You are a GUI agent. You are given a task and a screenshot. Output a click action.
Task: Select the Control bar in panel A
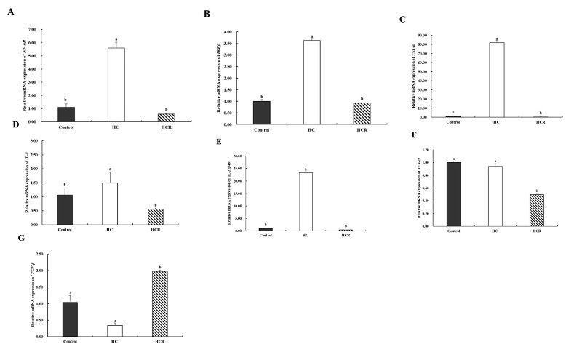(x=66, y=113)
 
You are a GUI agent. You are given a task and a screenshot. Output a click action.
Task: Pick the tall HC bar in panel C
(x=497, y=79)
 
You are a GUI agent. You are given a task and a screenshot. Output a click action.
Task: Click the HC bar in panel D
(x=111, y=204)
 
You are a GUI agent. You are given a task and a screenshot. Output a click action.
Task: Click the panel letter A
(x=10, y=10)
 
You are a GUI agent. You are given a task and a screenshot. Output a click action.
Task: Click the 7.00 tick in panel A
(x=31, y=30)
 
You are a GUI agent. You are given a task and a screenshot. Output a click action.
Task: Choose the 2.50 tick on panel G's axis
(x=31, y=254)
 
